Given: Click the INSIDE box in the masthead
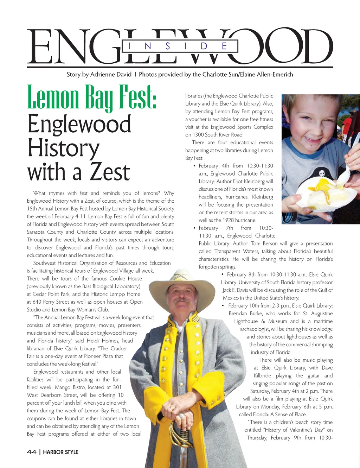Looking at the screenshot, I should [180, 46].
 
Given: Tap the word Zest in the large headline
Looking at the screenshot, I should [110, 172].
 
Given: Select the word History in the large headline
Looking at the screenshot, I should [64, 148].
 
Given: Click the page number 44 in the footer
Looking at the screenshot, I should [31, 452].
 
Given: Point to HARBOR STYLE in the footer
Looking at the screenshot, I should [60, 452].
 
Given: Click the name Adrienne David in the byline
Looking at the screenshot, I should [111, 74].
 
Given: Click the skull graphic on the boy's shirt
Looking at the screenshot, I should [322, 173].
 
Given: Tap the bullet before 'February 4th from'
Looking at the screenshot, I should [194, 166].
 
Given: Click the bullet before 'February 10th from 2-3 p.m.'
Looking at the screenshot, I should [223, 305].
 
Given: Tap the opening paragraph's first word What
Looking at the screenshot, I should [39, 193].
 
